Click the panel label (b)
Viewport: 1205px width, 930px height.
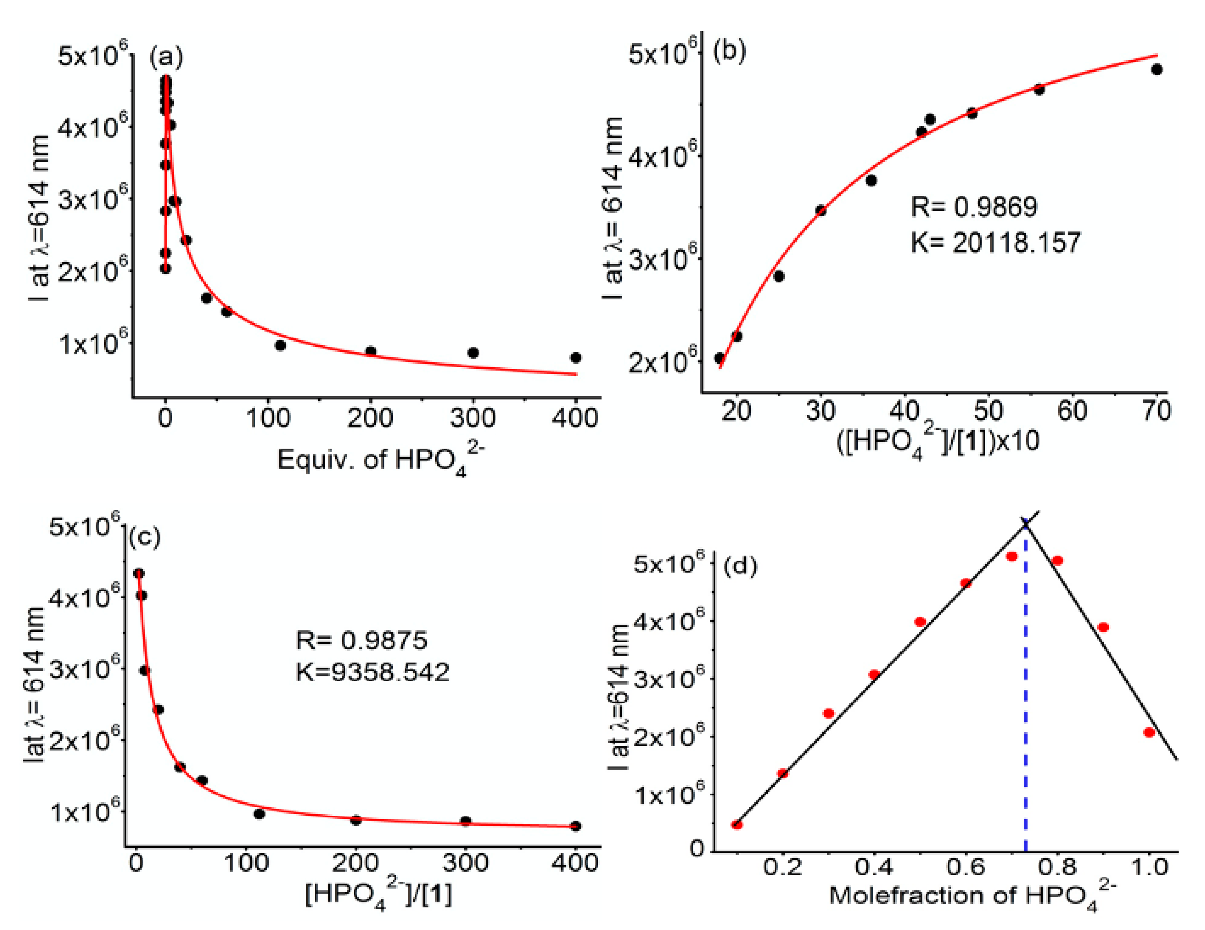point(729,51)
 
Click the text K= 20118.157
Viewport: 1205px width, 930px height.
point(995,243)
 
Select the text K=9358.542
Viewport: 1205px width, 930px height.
point(373,672)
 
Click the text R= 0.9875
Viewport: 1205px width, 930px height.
point(361,640)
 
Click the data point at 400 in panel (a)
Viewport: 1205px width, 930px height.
point(576,358)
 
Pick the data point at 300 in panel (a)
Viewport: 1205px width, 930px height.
point(473,352)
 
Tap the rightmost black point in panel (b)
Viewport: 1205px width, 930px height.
point(1157,69)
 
